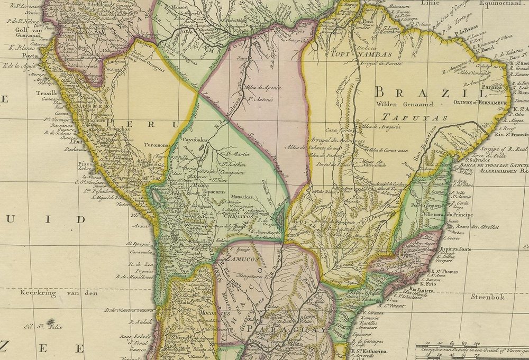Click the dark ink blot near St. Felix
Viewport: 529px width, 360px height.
click(51, 322)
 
